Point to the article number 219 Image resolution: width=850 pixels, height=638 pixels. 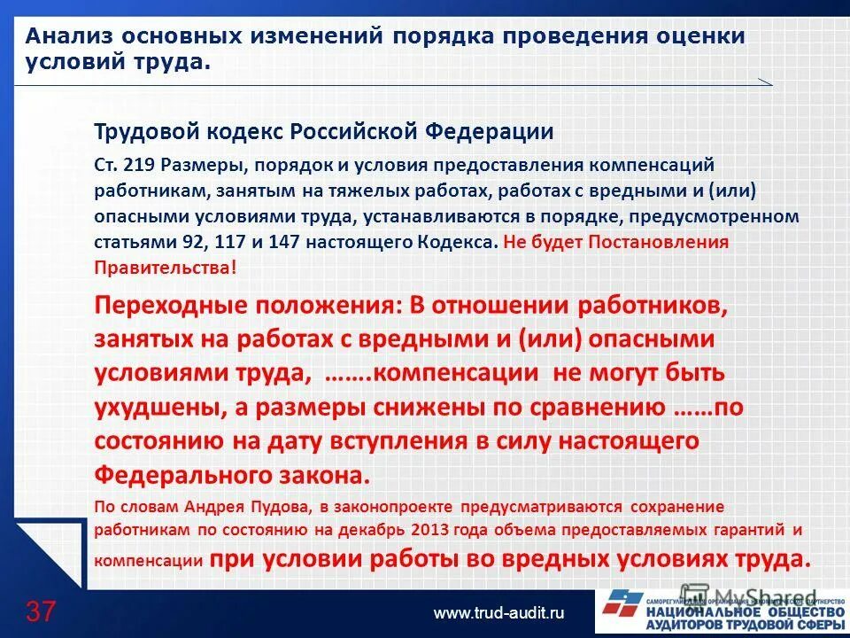[x=140, y=166]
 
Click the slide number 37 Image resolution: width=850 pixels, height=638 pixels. [x=41, y=611]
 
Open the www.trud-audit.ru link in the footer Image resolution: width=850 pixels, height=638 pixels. [x=498, y=613]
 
